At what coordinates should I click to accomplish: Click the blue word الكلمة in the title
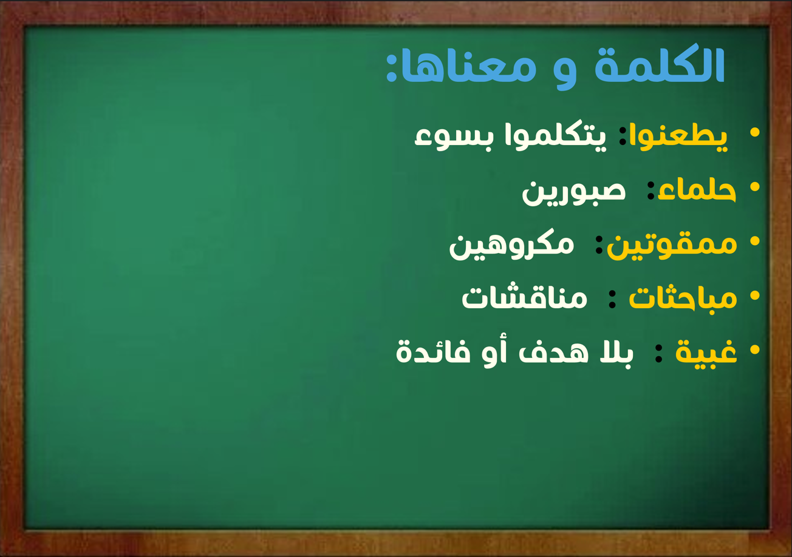tap(660, 66)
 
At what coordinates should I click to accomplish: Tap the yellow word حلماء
tap(697, 191)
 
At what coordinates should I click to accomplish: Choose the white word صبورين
tap(573, 193)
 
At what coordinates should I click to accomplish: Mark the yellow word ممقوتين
tap(672, 246)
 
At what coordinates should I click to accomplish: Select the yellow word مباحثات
tap(683, 299)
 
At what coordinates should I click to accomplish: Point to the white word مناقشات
tap(524, 297)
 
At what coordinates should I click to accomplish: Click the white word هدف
tap(553, 351)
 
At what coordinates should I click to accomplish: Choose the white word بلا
tap(616, 352)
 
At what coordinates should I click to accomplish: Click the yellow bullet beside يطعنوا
tap(754, 132)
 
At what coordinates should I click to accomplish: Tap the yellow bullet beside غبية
tap(754, 349)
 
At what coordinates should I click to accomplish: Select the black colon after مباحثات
tap(612, 299)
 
